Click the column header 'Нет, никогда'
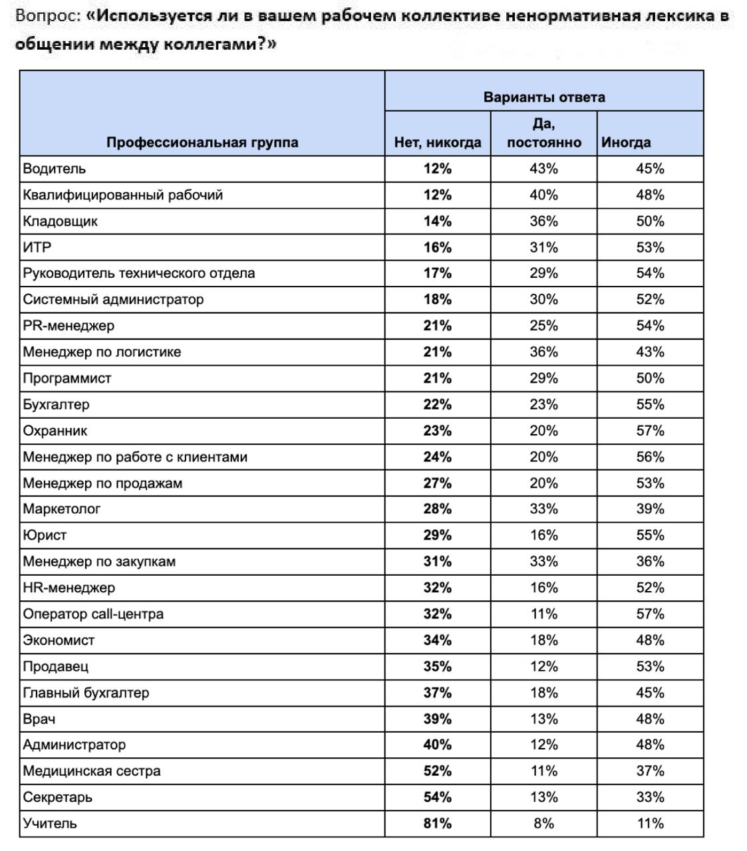(x=437, y=142)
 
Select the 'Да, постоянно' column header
(x=543, y=133)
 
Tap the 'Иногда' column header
(x=626, y=142)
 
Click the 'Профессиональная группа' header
(x=202, y=142)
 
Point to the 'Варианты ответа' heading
(x=543, y=97)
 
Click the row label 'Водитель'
(x=55, y=169)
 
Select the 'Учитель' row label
(x=50, y=824)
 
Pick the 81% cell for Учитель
(x=437, y=824)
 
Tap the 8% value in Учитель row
(x=543, y=824)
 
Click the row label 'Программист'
(x=67, y=378)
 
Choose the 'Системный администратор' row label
(x=113, y=300)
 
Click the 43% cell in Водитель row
(x=543, y=169)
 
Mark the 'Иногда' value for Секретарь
(x=650, y=797)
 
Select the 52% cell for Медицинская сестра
(x=437, y=771)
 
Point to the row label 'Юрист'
(x=45, y=535)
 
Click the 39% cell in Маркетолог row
(x=650, y=509)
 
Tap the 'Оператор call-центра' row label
(x=93, y=614)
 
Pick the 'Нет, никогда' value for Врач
(x=437, y=719)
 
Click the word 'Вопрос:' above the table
(x=48, y=16)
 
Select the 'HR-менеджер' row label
(x=69, y=588)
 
